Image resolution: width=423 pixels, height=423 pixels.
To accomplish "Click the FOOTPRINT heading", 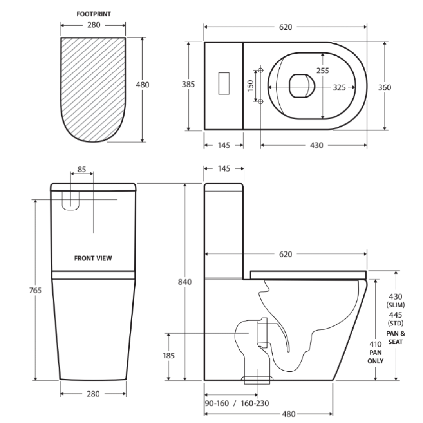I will (x=93, y=14).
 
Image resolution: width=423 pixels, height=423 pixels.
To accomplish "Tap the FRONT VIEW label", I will (x=93, y=258).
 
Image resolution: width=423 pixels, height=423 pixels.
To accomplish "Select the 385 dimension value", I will (x=188, y=85).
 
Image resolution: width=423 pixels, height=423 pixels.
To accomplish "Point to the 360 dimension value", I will (x=384, y=87).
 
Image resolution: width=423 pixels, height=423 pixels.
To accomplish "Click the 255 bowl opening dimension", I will (x=323, y=70).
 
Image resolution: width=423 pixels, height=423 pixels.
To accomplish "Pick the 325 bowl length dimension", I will (x=339, y=87).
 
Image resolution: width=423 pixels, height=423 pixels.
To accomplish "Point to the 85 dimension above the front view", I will (x=81, y=169).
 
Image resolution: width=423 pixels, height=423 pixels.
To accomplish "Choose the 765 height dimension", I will (x=35, y=290).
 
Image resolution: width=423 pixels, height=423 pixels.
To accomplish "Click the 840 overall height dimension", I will (x=184, y=282).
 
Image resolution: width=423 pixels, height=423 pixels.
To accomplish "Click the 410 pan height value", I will (x=375, y=344).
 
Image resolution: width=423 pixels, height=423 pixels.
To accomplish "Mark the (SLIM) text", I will (x=396, y=305).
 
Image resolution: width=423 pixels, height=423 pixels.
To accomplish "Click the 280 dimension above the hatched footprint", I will (x=93, y=25).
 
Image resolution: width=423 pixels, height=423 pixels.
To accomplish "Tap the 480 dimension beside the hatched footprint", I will (x=142, y=85).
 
